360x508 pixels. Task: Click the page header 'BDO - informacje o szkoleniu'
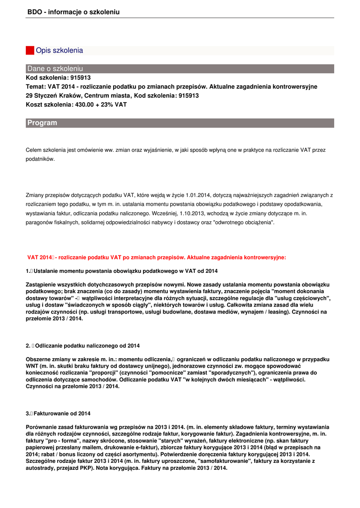73,12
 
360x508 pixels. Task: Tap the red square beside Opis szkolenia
30,51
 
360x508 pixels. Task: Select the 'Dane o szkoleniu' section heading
55,68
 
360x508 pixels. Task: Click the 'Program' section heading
42,123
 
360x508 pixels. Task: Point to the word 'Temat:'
36,86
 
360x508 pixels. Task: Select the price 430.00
85,105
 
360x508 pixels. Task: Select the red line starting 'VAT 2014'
156,257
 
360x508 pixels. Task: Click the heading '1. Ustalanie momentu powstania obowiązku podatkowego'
122,271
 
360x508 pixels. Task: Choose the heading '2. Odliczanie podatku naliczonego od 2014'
83,345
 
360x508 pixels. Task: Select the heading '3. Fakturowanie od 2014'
58,413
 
